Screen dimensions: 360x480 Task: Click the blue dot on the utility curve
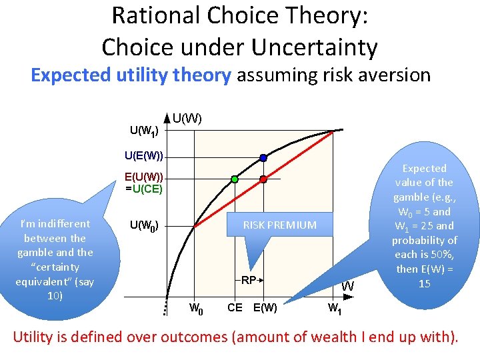click(x=263, y=158)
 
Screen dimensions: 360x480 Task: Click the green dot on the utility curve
click(x=235, y=179)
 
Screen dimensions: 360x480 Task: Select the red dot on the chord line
click(x=263, y=179)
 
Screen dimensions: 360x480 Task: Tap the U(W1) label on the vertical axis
click(x=143, y=130)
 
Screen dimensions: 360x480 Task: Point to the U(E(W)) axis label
click(x=143, y=157)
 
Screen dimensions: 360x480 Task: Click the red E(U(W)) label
click(x=144, y=177)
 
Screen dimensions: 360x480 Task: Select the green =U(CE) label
click(x=144, y=188)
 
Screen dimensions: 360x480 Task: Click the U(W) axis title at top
click(x=187, y=119)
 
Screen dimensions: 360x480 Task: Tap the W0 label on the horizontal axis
click(x=196, y=309)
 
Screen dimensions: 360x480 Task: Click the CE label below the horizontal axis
click(x=235, y=307)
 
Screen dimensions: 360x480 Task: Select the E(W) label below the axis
click(x=265, y=307)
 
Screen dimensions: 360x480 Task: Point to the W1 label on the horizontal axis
click(x=335, y=309)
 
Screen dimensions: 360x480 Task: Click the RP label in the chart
click(x=249, y=280)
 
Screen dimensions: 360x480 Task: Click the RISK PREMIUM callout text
click(x=279, y=225)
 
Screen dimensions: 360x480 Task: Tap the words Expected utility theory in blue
click(x=131, y=75)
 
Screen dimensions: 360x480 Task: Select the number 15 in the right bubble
click(x=424, y=283)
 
